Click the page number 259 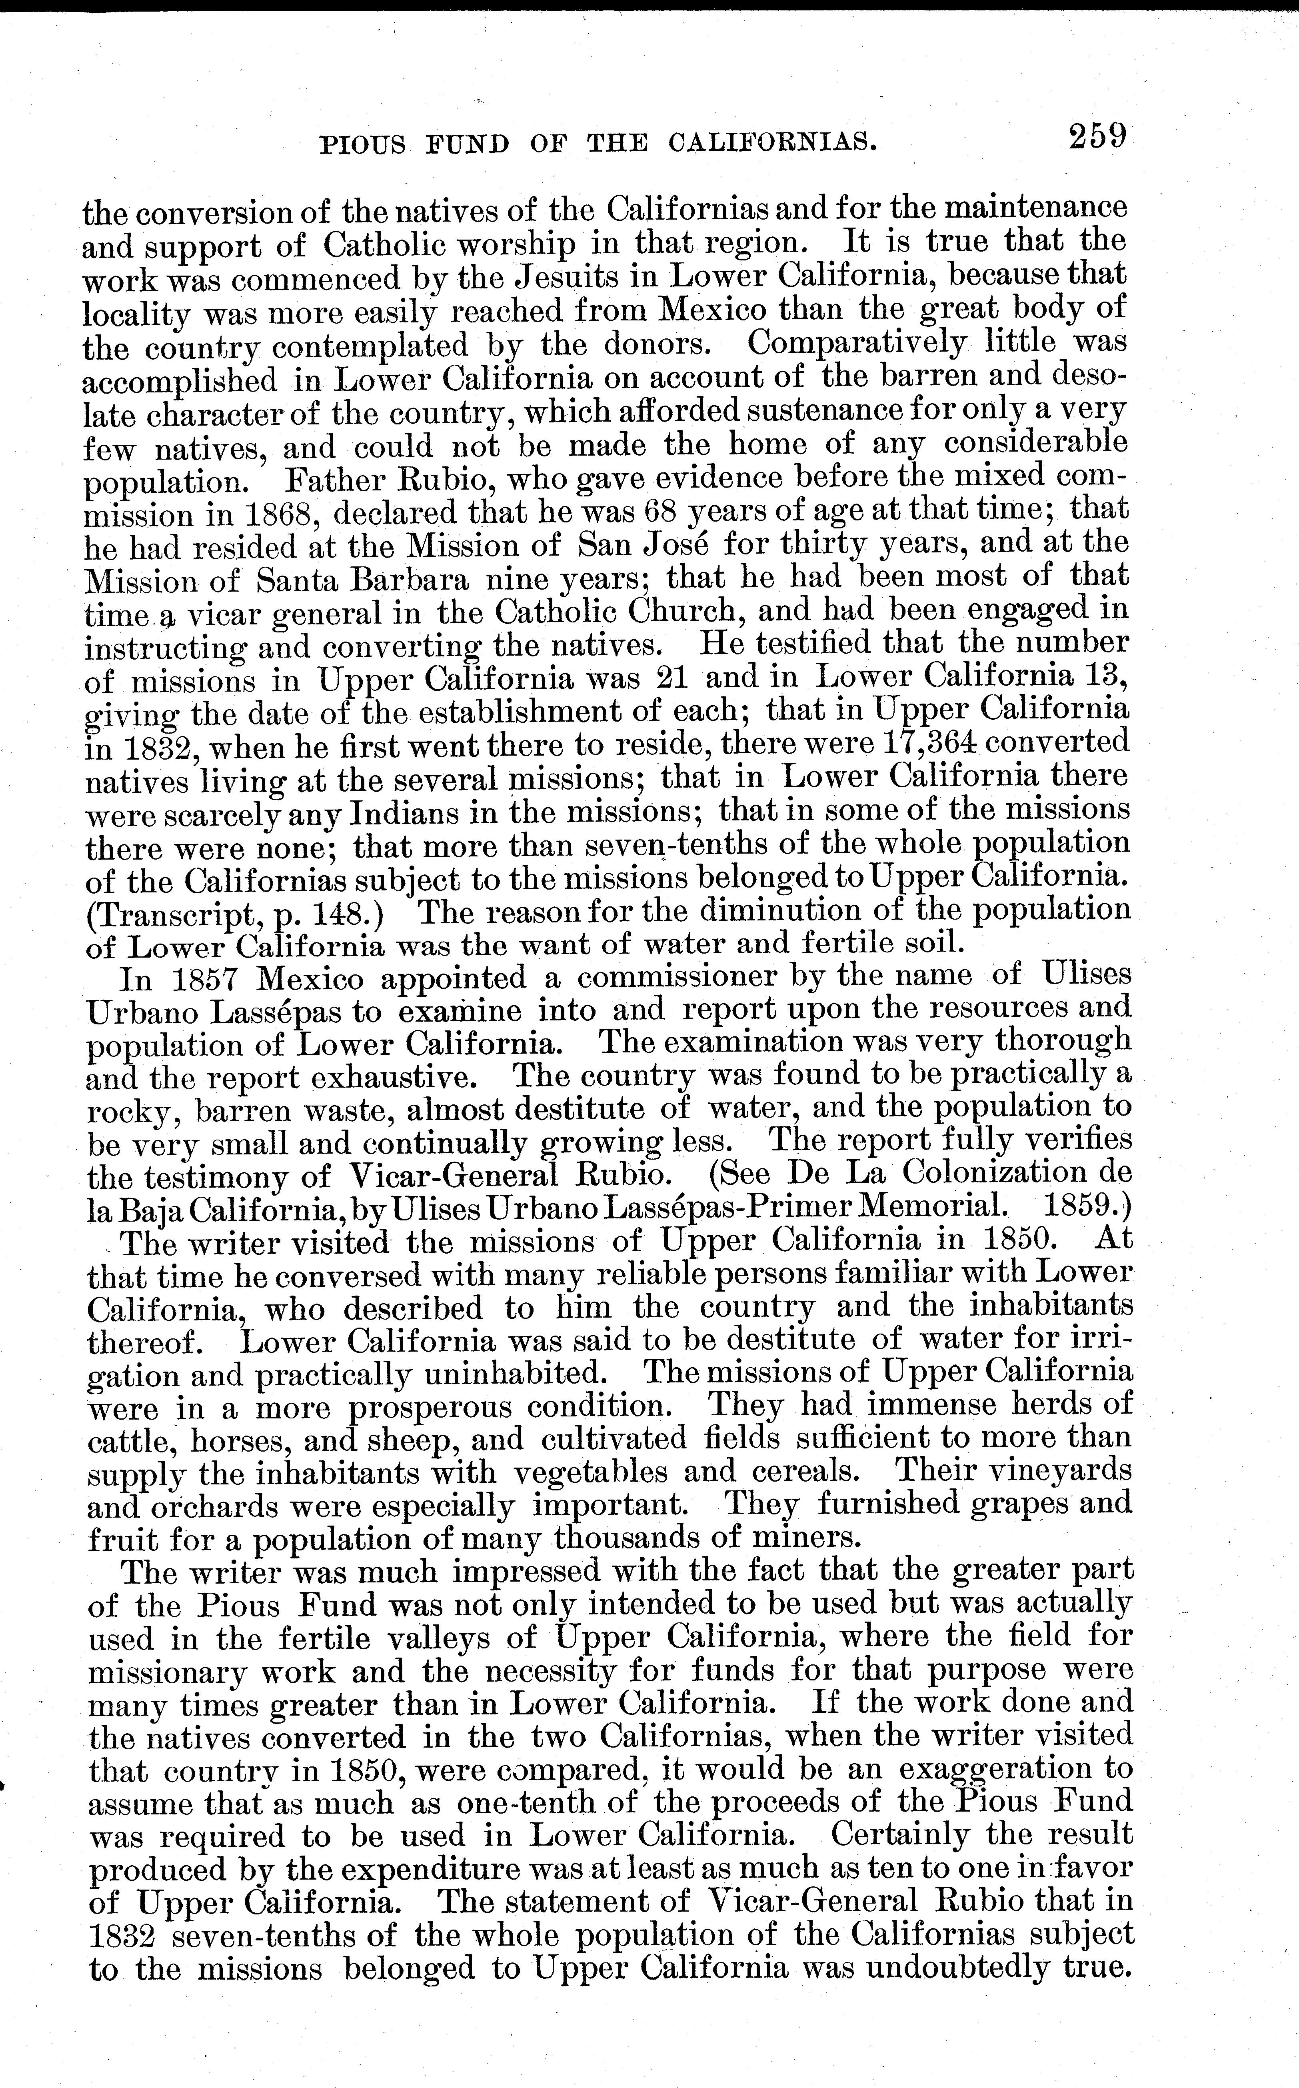pyautogui.click(x=1096, y=137)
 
